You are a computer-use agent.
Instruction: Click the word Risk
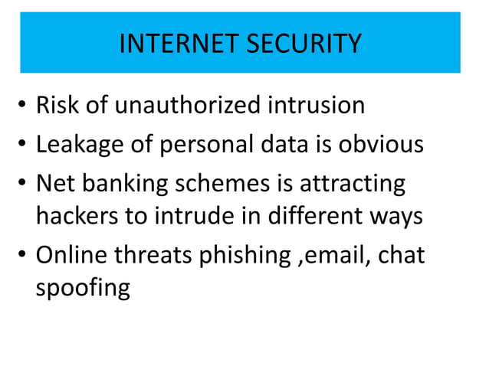tap(57, 105)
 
